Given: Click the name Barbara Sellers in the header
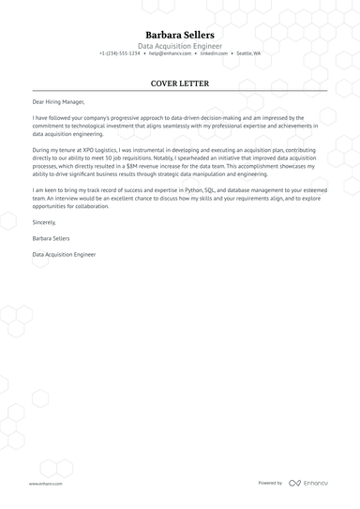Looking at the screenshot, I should click(x=179, y=34).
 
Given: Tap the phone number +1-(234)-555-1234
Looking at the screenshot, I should click(x=119, y=53).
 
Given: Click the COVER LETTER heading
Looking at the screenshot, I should click(x=179, y=83).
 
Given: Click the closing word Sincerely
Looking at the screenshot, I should click(x=44, y=222).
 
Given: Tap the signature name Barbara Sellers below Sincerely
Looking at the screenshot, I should click(x=52, y=238).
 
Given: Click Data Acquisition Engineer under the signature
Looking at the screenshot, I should click(x=64, y=254).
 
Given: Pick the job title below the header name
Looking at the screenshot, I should click(x=179, y=45).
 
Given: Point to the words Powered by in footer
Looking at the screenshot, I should click(x=270, y=483).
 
